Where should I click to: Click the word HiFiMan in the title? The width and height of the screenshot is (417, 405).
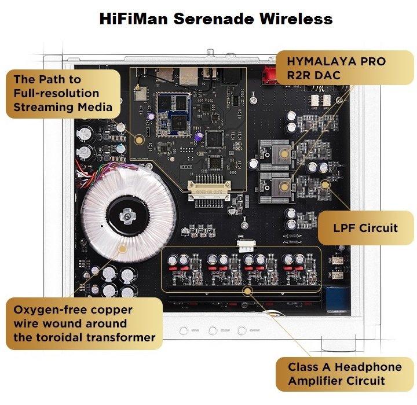pos(134,19)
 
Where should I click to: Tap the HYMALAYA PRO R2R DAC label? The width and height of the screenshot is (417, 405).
pos(345,68)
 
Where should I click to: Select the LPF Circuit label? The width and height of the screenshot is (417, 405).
pos(365,228)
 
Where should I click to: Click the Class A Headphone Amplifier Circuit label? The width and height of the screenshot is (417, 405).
pos(345,374)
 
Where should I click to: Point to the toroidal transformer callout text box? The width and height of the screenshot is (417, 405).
pos(85,323)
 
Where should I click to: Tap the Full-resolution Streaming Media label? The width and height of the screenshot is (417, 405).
pos(63,94)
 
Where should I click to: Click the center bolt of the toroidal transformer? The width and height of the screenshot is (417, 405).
pos(127,216)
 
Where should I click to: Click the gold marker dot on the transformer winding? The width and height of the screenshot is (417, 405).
pos(123,249)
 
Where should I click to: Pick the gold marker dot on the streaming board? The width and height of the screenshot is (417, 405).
pos(139,139)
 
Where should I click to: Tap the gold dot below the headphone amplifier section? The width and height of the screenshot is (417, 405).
pos(248,291)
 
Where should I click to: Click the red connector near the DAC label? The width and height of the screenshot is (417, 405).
pos(269,75)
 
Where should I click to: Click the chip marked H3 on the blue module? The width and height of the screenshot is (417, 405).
pos(176,123)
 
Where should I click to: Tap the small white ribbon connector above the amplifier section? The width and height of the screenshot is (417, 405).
pos(246,246)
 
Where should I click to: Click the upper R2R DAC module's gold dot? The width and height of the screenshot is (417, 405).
pos(284,153)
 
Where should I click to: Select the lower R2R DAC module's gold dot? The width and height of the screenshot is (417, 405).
pos(284,186)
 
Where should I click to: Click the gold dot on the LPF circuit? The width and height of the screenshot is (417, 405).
pos(325,185)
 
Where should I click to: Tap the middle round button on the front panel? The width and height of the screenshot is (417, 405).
pos(213,330)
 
